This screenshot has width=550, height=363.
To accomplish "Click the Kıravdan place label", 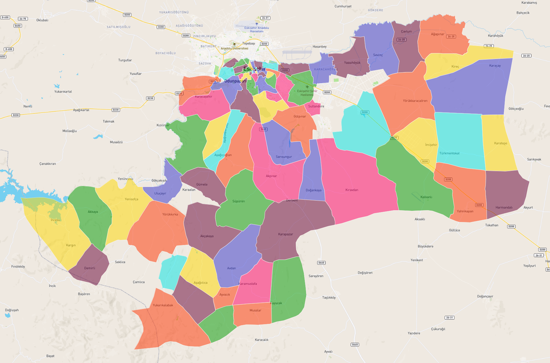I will [x=352, y=190].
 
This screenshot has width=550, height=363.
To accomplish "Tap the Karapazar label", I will [x=286, y=234].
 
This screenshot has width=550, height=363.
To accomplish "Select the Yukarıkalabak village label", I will [x=163, y=305].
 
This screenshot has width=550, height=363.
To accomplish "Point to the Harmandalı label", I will [x=504, y=207].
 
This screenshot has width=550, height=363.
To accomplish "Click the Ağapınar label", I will [x=437, y=34].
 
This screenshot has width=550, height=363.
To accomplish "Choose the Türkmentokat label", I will [x=449, y=153].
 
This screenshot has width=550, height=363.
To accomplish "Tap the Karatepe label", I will [x=500, y=143].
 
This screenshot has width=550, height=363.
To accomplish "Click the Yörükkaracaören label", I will [x=415, y=101].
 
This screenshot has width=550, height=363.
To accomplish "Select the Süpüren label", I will [x=238, y=201].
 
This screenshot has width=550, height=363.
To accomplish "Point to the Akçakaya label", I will [x=207, y=236].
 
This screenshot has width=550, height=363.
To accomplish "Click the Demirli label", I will [x=90, y=268].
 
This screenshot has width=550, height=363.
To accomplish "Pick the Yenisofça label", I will [x=131, y=199].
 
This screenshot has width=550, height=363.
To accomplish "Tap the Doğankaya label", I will [x=313, y=190].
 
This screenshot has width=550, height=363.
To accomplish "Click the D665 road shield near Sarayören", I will [x=321, y=263].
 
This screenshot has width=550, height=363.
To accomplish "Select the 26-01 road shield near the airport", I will [x=265, y=18].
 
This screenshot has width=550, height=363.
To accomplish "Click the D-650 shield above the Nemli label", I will [x=9, y=49].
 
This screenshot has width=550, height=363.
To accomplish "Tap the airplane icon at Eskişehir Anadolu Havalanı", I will [x=257, y=24].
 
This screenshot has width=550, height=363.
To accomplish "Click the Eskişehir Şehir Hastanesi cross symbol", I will [x=307, y=87].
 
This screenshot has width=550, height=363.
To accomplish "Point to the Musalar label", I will [x=255, y=310].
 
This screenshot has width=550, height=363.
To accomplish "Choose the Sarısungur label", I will [x=284, y=157].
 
